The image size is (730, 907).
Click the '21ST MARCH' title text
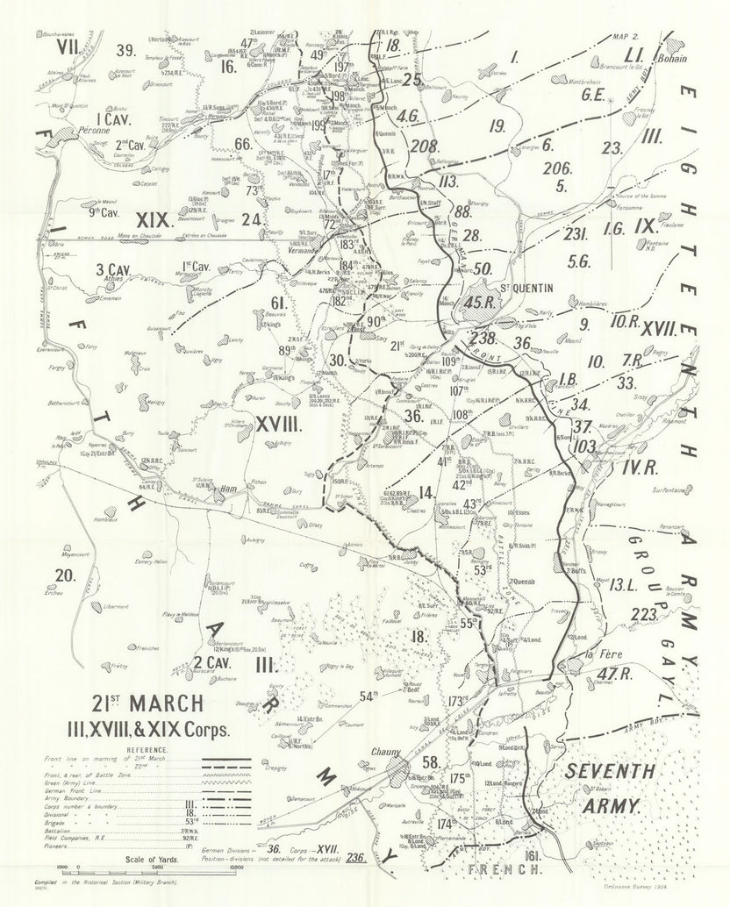148,703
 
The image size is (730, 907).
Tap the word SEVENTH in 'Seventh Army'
598,772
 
